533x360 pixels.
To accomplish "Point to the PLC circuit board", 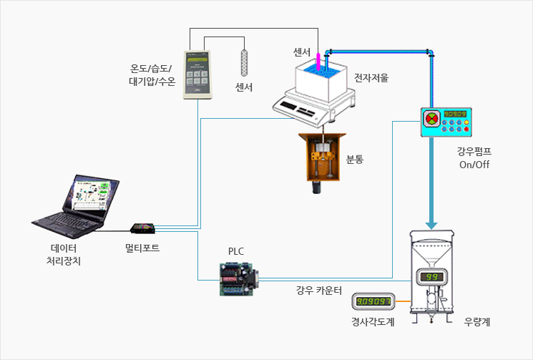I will pos(237,278).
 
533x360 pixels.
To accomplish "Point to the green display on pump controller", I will pos(455,113).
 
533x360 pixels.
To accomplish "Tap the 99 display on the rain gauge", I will pos(431,277).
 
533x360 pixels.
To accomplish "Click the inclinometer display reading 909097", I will pos(373,301).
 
